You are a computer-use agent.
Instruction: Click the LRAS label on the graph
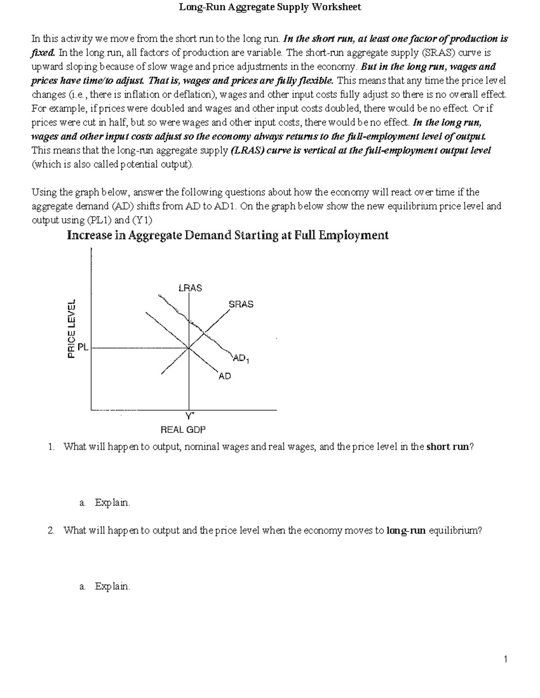[x=190, y=288]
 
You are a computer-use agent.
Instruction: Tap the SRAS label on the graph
[x=241, y=304]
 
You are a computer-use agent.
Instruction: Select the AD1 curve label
[x=240, y=359]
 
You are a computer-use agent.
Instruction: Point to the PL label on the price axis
[x=83, y=347]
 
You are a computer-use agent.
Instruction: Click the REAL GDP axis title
[x=183, y=430]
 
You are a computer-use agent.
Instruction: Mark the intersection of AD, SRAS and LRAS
[x=189, y=348]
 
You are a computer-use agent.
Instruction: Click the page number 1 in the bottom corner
[x=506, y=659]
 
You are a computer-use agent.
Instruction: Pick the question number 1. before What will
[x=52, y=447]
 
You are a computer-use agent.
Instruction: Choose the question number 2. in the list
[x=52, y=530]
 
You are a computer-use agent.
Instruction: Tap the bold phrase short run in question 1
[x=447, y=447]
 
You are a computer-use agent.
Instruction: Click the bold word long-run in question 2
[x=406, y=530]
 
